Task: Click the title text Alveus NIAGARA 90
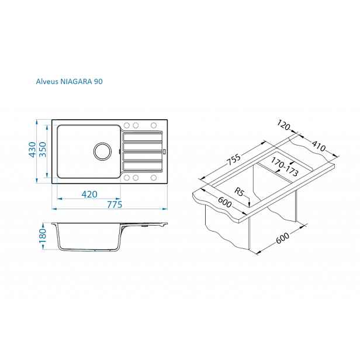coord(69,81)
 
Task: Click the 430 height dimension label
coord(32,150)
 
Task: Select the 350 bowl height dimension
coord(43,150)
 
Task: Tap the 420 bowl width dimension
coord(89,195)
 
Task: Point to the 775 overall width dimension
coord(115,205)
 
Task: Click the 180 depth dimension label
coord(43,236)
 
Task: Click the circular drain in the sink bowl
coord(102,151)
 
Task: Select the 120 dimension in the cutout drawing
coord(283,125)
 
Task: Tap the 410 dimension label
coord(319,146)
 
